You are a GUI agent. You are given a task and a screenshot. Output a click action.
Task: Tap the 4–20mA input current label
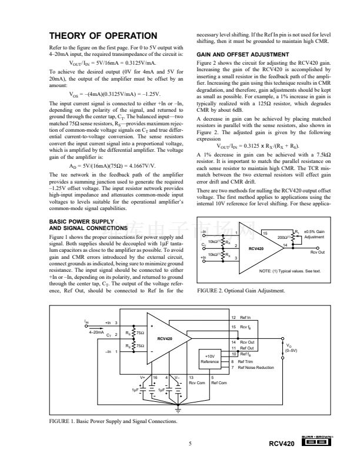pos(96,332)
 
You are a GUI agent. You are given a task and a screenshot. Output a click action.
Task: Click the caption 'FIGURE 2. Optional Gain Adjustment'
pos(241,291)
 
